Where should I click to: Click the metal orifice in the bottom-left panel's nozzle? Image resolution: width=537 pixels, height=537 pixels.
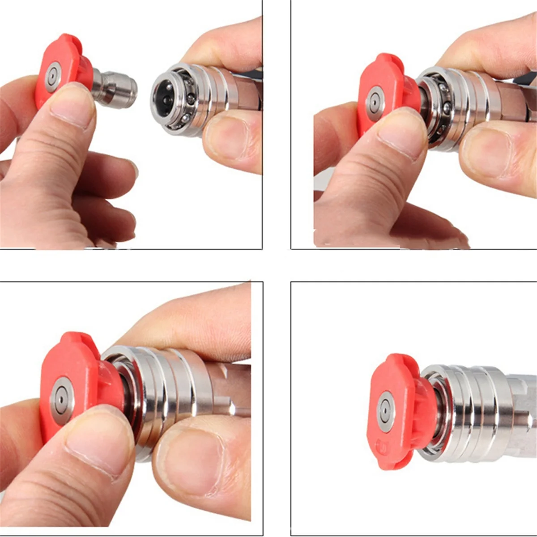coord(62,399)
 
